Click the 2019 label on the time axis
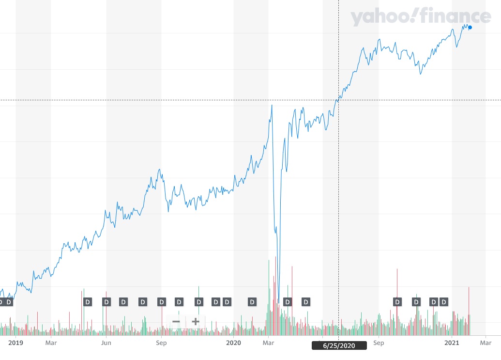tap(16, 343)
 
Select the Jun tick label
tap(106, 343)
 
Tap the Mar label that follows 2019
tap(51, 343)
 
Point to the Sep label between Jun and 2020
tap(161, 343)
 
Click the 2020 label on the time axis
tap(233, 343)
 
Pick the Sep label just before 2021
tap(379, 343)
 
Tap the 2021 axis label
tap(452, 343)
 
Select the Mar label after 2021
tap(486, 343)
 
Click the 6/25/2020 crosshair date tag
tap(338, 345)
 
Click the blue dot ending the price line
tap(470, 28)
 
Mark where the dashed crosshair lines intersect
tap(338, 100)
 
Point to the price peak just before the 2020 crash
tap(272, 105)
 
